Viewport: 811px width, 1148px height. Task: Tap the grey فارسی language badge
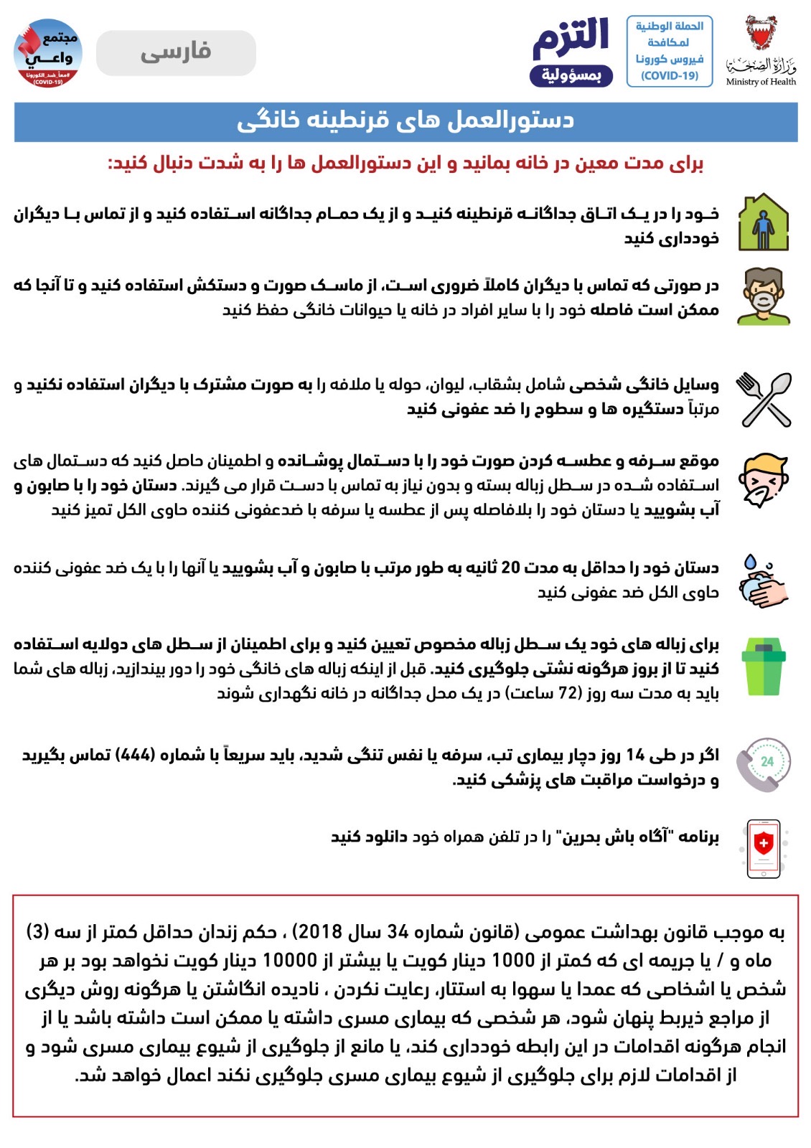tap(176, 52)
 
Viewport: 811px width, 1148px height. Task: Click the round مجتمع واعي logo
tap(48, 52)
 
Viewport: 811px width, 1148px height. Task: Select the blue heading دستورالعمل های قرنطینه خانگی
tap(405, 121)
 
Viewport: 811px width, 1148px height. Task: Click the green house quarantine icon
tap(764, 222)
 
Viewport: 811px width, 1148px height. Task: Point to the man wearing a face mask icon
tap(764, 296)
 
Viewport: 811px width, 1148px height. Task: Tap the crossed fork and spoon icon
tap(764, 399)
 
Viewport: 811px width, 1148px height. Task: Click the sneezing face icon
tap(764, 481)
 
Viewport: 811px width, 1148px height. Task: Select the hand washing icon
tap(764, 580)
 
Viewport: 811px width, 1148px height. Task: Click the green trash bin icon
tap(764, 667)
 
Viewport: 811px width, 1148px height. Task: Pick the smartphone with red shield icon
tap(764, 848)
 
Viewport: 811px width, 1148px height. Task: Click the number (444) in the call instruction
tap(135, 755)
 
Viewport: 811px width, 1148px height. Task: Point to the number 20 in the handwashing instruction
tap(510, 568)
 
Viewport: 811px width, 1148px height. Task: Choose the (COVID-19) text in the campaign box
tap(669, 75)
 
